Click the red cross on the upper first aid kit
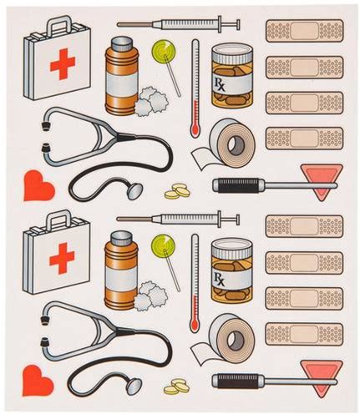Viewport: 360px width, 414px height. [x=63, y=63]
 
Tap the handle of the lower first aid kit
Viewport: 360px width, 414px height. [x=58, y=218]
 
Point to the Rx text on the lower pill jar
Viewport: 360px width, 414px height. [x=219, y=279]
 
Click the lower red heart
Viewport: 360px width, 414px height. [x=38, y=381]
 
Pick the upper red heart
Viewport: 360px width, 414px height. [x=39, y=185]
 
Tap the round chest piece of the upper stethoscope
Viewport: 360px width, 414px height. [x=135, y=191]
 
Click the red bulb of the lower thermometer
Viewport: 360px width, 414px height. [x=195, y=324]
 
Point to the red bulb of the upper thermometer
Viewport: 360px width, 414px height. [x=195, y=129]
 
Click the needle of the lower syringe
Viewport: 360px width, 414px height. [x=134, y=220]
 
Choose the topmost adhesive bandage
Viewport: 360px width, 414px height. [x=304, y=31]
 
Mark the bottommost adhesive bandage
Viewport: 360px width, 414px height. [x=304, y=334]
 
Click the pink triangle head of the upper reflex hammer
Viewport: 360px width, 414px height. [x=322, y=181]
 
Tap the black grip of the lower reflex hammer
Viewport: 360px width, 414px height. [x=237, y=381]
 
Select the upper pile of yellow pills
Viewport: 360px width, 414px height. [x=177, y=191]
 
